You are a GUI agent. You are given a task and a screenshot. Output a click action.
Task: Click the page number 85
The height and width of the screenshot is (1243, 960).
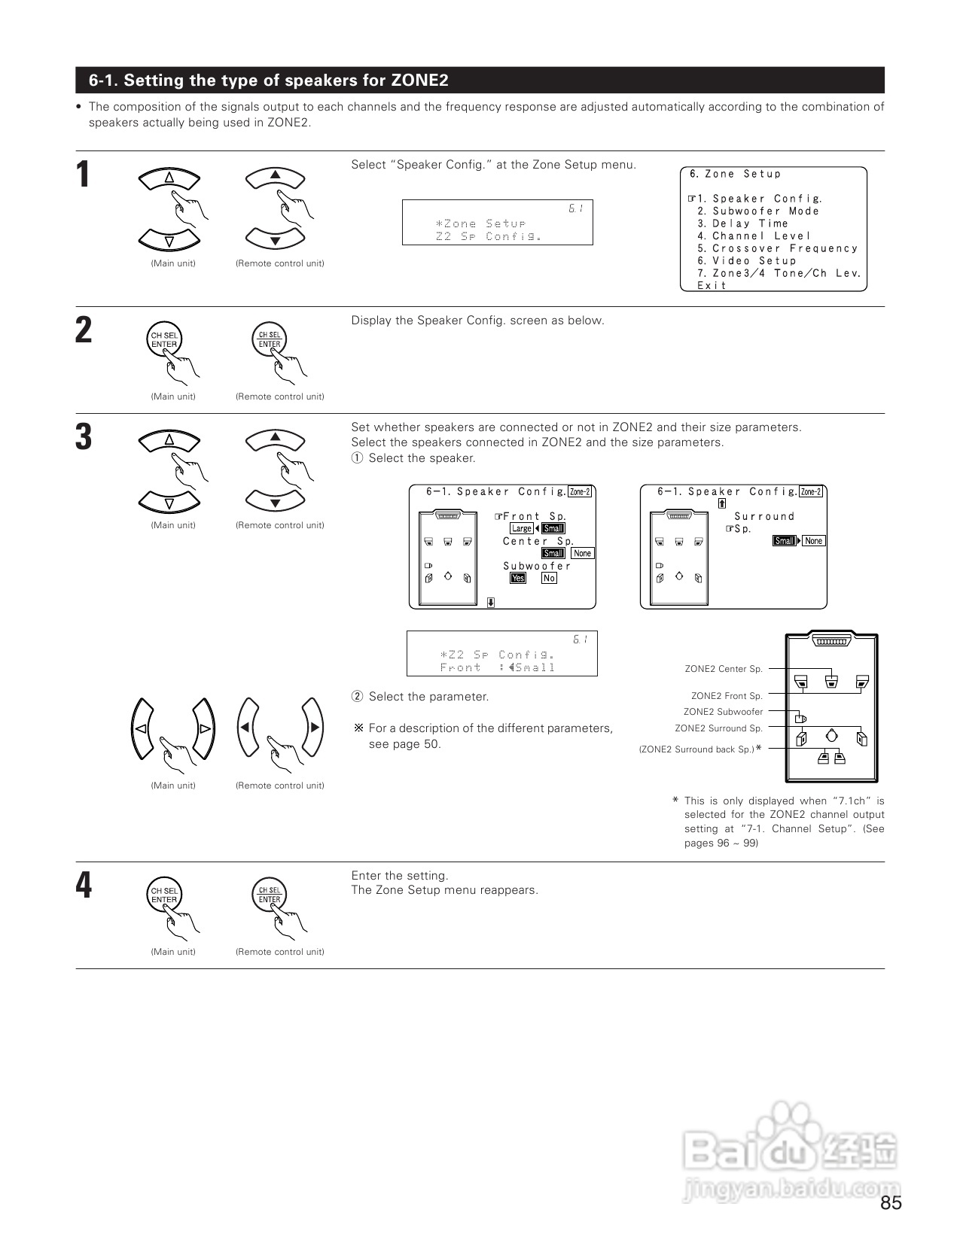pos(891,1203)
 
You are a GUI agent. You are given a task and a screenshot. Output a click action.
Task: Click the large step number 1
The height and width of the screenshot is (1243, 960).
pos(84,175)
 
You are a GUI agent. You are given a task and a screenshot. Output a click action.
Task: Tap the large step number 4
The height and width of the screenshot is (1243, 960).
pos(84,886)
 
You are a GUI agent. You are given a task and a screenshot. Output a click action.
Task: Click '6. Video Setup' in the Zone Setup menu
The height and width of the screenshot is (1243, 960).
pos(746,260)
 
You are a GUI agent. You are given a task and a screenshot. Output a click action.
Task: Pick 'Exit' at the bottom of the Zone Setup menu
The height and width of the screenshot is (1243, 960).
pos(712,285)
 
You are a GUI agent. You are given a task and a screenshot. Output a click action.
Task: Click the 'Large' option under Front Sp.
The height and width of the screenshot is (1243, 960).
pos(521,528)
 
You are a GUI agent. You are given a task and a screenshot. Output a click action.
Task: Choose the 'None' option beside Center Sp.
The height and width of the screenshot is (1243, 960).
pos(582,553)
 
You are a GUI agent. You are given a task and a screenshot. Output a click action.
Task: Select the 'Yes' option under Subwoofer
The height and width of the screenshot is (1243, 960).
pos(518,578)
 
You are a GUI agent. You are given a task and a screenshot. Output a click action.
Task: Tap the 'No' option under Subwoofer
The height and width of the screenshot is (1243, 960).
pos(549,578)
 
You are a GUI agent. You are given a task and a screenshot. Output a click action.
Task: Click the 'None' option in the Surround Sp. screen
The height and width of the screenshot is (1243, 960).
pos(813,541)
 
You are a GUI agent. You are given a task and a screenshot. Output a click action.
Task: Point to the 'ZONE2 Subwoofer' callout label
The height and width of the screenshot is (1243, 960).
pos(723,712)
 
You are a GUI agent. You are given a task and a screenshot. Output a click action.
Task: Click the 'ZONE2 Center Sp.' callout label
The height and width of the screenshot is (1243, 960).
pos(724,669)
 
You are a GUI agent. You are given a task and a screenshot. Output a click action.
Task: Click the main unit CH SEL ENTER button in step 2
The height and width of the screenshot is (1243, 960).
pos(164,340)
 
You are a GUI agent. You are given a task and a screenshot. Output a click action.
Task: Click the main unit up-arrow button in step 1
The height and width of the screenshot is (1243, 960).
pos(169,178)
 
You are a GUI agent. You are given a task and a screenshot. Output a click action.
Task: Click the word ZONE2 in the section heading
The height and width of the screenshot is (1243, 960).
pos(419,81)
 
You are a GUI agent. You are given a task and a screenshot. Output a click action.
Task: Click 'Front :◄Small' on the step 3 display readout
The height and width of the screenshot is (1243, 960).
pos(498,667)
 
